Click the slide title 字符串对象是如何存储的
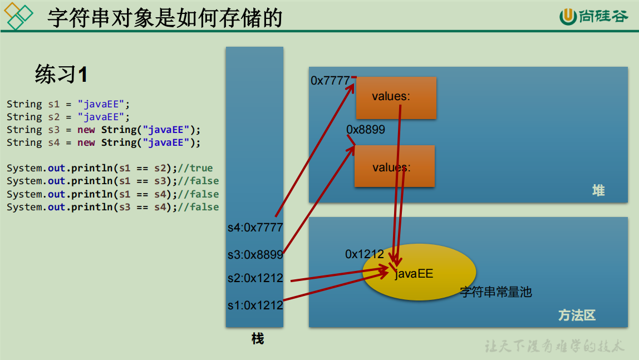165,18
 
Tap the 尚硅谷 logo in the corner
593,17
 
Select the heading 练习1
61,74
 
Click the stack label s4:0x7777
255,228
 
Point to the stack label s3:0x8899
255,255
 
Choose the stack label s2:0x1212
255,278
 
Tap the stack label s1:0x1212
255,305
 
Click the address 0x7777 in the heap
330,81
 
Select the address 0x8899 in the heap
366,130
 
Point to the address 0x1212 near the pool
365,254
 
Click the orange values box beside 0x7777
396,97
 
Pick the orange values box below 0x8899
394,166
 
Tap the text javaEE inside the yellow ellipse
414,274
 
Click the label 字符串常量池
496,292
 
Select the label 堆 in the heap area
598,191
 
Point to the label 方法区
577,315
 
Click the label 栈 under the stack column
257,338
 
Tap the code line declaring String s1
68,104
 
